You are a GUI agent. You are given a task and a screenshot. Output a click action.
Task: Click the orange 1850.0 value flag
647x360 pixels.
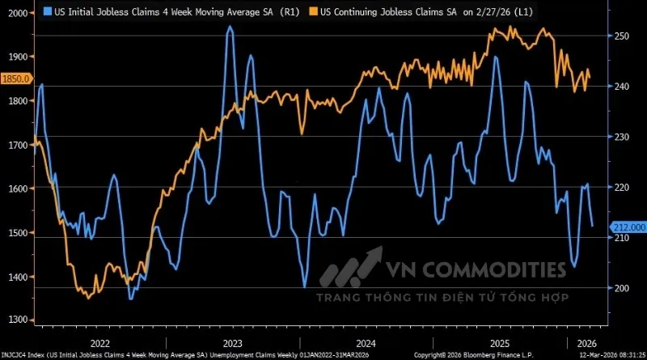(x=15, y=78)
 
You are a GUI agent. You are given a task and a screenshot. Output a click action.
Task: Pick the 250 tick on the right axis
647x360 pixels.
(x=621, y=36)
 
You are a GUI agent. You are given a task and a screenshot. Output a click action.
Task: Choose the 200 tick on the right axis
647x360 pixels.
(x=621, y=288)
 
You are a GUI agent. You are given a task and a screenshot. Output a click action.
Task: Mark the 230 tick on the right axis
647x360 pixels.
(x=621, y=138)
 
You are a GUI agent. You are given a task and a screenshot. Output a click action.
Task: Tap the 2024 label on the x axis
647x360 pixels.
(x=365, y=342)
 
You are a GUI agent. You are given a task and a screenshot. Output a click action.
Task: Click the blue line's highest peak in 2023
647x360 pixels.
(x=230, y=28)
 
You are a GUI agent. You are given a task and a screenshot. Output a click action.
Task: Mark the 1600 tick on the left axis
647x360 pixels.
(x=15, y=188)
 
